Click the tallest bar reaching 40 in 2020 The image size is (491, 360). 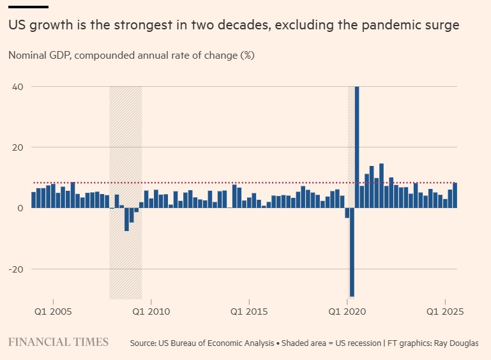[x=357, y=147]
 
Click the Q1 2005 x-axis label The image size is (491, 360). [x=52, y=311]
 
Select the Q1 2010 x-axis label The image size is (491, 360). [x=151, y=311]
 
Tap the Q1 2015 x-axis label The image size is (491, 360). [x=249, y=311]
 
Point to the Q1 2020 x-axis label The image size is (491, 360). [x=347, y=311]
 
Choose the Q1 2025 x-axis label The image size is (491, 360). [x=445, y=311]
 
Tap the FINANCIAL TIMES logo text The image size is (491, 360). [x=58, y=342]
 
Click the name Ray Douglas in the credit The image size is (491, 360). [x=456, y=343]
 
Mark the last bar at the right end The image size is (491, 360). [x=455, y=195]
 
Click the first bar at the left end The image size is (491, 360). [x=33, y=200]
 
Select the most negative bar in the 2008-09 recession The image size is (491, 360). [x=126, y=219]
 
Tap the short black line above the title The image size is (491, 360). [x=28, y=7]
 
